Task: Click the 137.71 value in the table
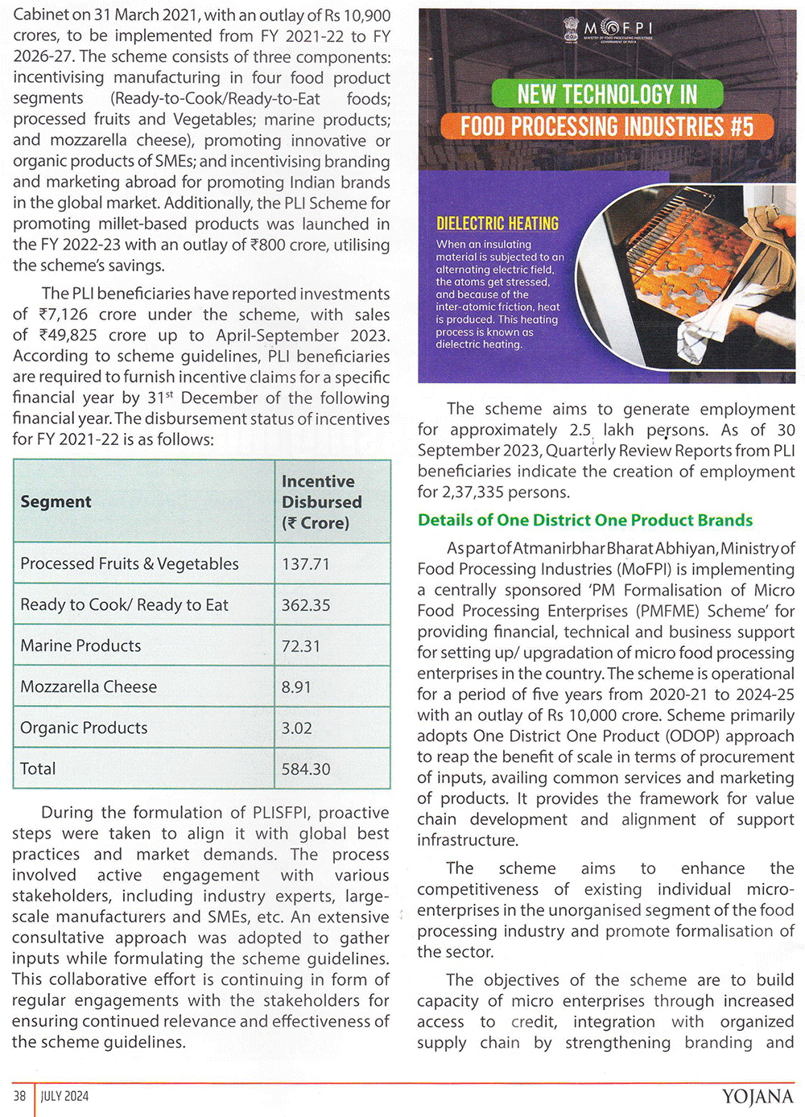click(306, 564)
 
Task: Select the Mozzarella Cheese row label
click(89, 687)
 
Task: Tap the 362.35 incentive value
click(306, 605)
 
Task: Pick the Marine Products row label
click(80, 646)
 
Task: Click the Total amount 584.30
click(306, 769)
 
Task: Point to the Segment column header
click(56, 502)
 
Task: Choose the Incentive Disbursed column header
click(321, 502)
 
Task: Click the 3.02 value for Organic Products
click(297, 728)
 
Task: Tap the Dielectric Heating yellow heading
click(497, 224)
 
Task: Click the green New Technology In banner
click(607, 94)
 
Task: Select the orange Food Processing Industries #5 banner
click(607, 126)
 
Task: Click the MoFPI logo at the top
click(607, 31)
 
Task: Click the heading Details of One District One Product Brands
click(585, 521)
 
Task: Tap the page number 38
click(20, 1096)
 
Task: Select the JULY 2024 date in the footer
click(65, 1096)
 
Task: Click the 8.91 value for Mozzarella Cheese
click(296, 687)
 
